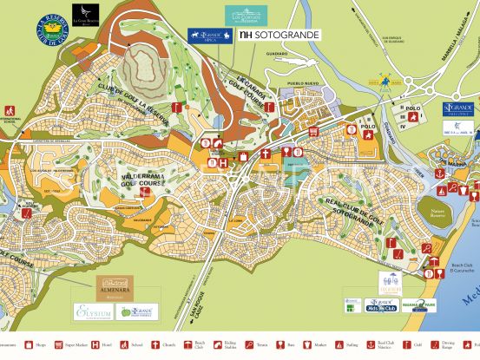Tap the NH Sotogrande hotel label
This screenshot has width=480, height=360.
point(279,36)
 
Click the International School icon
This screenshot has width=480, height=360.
point(10,114)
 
